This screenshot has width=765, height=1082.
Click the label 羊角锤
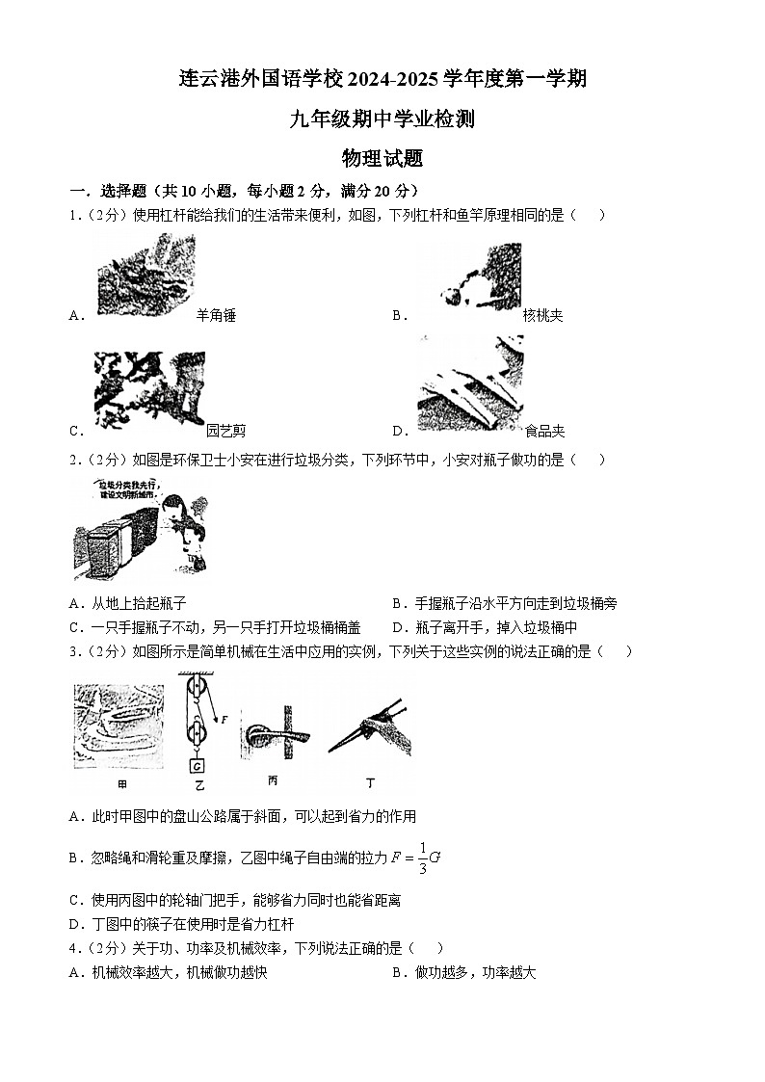pos(216,315)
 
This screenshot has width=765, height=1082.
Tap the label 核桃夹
pos(542,315)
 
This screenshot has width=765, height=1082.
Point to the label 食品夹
pos(544,431)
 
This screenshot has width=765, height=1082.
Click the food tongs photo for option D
pos(470,383)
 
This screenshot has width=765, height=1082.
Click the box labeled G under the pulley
pos(198,767)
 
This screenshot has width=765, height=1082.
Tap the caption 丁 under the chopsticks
pos(371,783)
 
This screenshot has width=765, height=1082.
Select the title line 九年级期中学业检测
pos(382,119)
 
